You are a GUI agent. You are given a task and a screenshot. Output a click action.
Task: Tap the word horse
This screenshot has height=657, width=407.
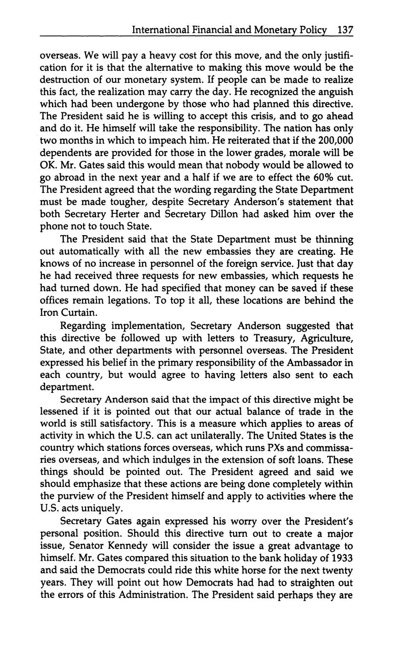click(x=252, y=570)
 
